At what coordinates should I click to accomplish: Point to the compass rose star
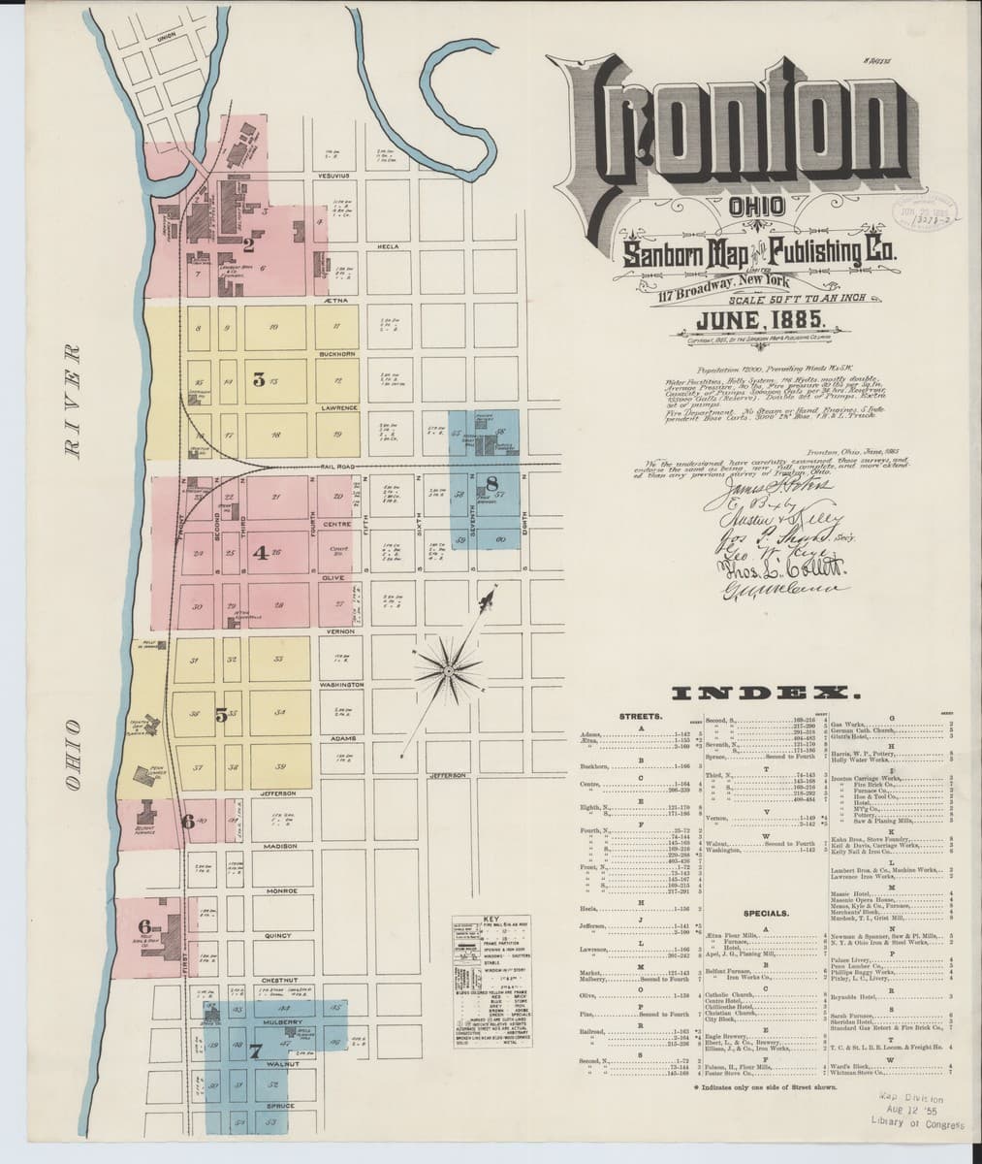[450, 666]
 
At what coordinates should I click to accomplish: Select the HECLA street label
[389, 246]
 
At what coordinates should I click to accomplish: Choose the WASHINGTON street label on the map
[341, 685]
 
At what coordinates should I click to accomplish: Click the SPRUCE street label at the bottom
[280, 1105]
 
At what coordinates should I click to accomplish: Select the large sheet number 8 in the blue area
[492, 482]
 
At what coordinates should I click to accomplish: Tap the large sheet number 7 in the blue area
[255, 1051]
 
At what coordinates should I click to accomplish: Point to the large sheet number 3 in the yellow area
[259, 379]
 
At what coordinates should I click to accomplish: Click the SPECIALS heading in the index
[766, 913]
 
